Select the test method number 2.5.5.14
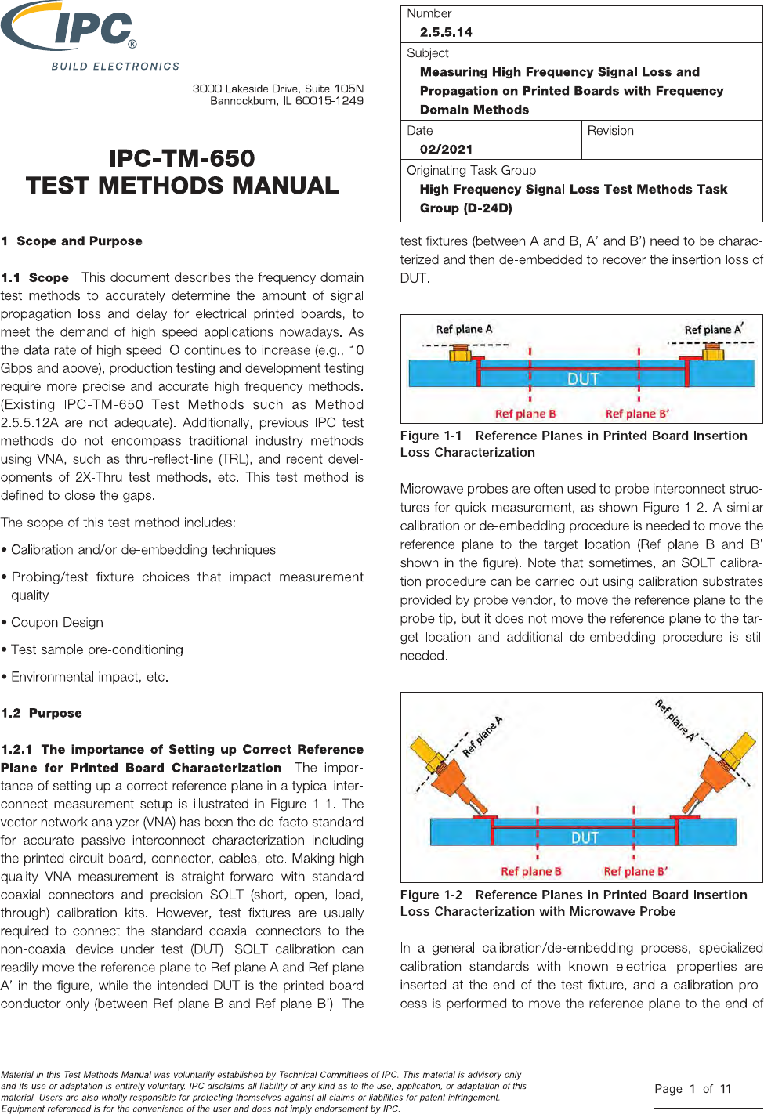446,32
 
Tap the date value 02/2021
446,149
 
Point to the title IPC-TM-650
182,158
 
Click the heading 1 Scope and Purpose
72,241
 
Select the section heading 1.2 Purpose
42,713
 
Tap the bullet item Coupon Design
57,622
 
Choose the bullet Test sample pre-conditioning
97,649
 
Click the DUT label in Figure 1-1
583,379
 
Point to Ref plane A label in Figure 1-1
464,329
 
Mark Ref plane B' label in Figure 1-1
637,414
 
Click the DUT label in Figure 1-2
585,837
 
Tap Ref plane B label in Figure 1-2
531,871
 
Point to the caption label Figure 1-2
431,895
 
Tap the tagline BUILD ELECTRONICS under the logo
115,67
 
